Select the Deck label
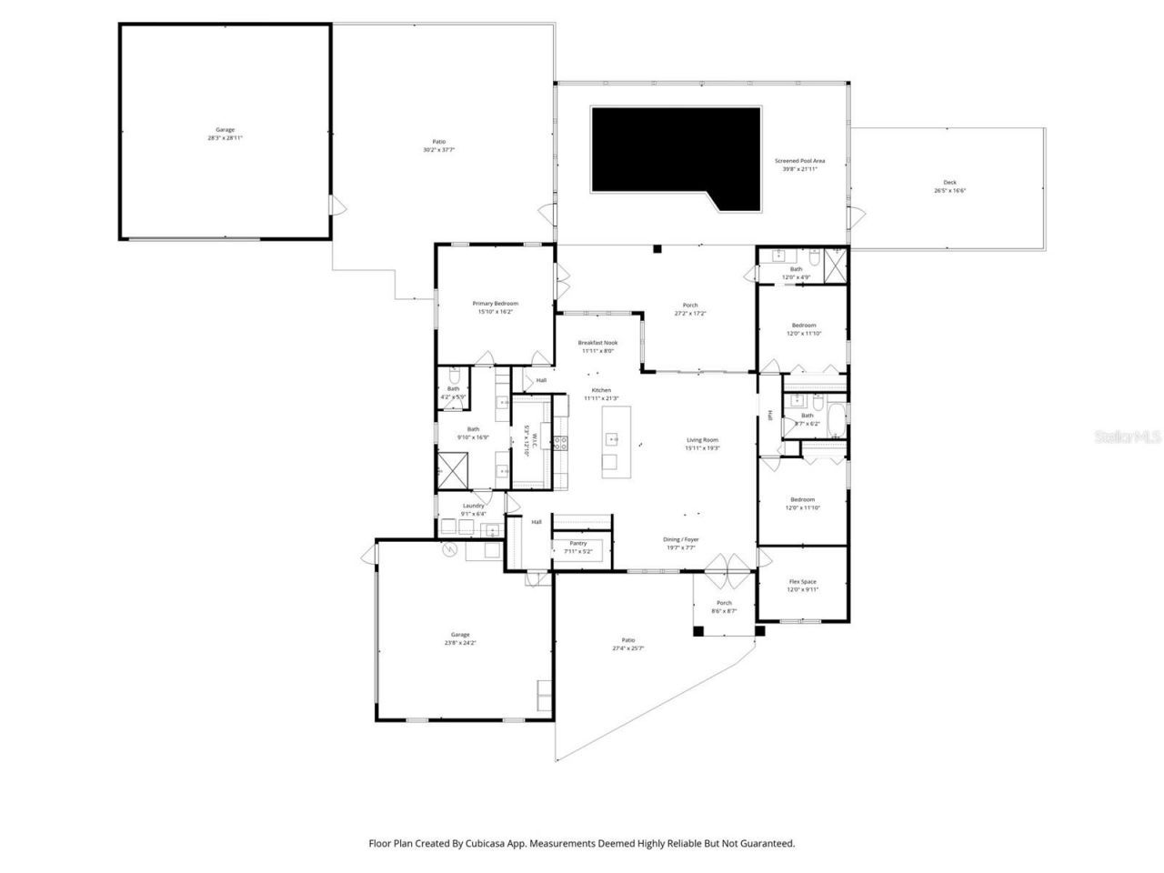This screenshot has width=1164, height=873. coord(950,186)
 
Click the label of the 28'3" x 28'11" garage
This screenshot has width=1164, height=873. coord(225,134)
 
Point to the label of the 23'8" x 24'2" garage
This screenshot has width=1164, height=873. coord(460,638)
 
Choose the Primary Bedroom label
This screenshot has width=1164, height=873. coord(495,307)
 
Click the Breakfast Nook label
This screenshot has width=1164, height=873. coord(597,346)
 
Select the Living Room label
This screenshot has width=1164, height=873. coord(702,444)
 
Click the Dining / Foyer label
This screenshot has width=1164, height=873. coord(681,543)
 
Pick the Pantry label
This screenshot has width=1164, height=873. coord(578,547)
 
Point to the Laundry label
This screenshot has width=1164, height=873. coord(473,509)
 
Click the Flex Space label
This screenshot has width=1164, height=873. coord(802,585)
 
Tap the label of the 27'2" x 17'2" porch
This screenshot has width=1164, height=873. coord(690,309)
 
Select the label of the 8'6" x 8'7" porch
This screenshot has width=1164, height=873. coord(724,607)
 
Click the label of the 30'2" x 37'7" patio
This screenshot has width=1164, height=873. coord(438,145)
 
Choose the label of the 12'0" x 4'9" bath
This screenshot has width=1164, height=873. coord(796,273)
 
